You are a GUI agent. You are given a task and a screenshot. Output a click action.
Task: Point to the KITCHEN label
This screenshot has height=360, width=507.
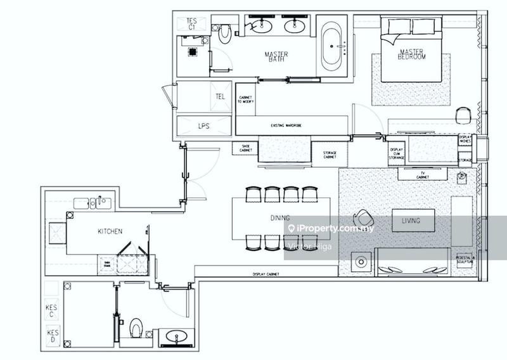pos(110,231)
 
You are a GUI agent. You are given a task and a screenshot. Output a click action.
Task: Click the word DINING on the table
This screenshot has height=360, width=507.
pos(280,218)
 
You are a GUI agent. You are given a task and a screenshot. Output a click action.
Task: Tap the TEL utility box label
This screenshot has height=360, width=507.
pos(221,97)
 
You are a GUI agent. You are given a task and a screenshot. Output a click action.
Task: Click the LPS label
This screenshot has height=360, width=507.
pos(203,125)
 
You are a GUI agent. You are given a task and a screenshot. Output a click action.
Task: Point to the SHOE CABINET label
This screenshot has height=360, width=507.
pos(245,148)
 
